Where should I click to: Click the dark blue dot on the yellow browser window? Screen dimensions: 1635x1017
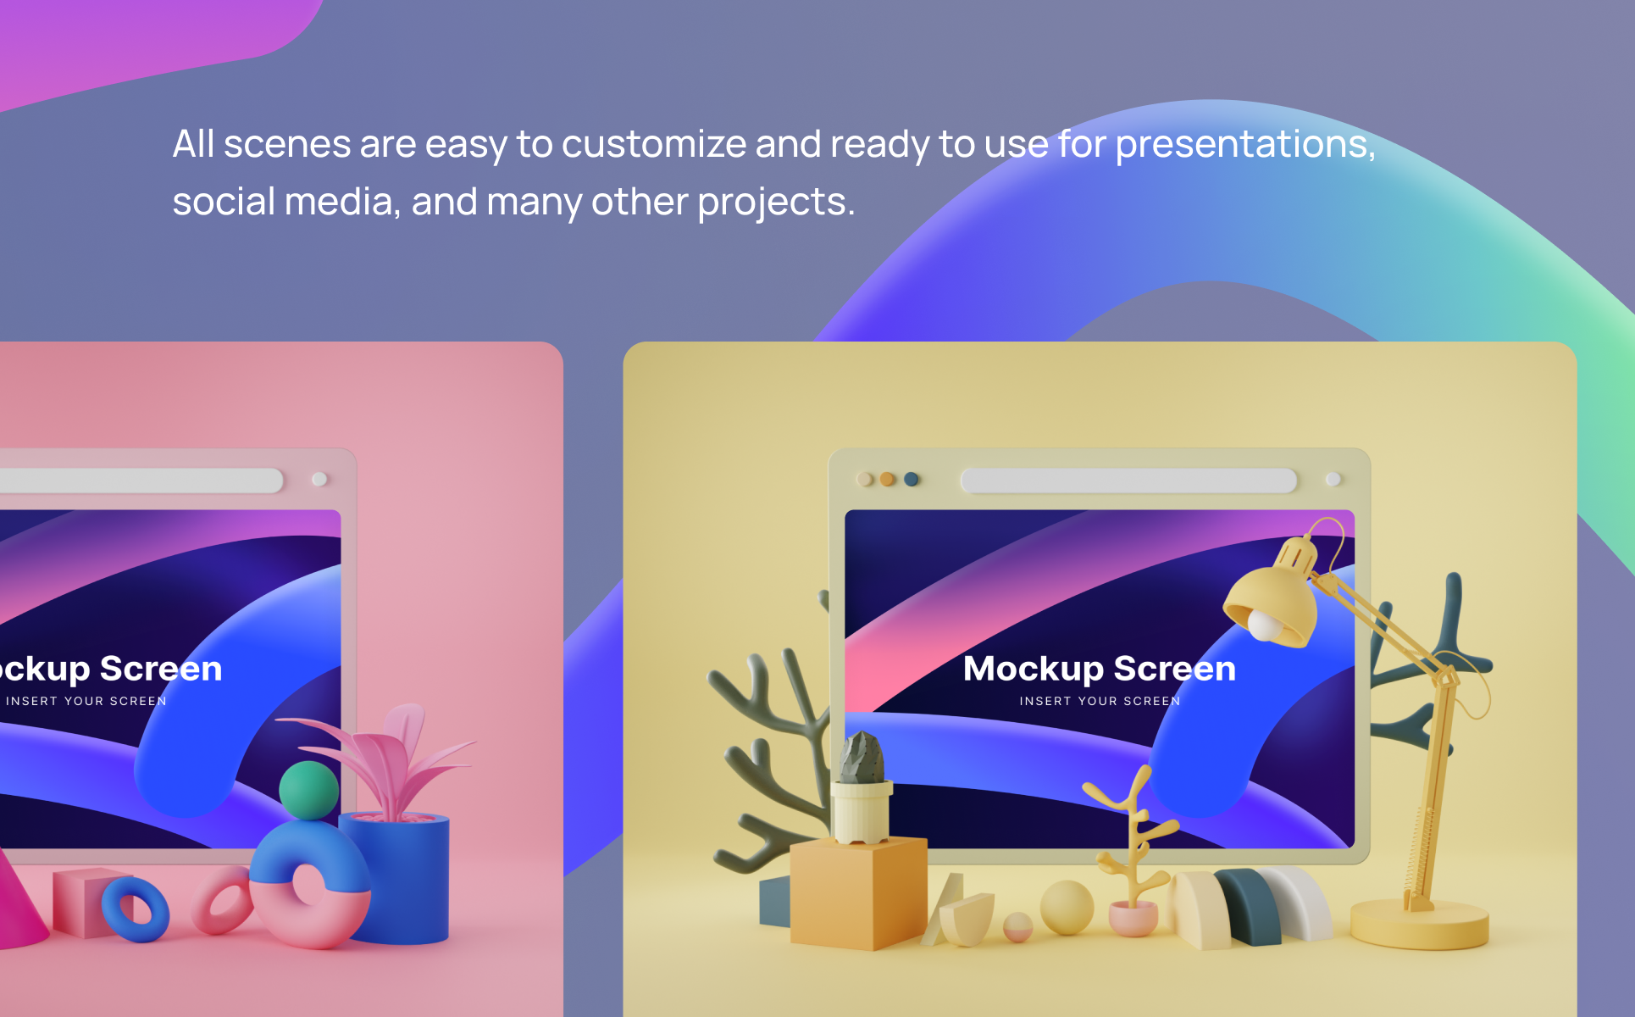click(912, 479)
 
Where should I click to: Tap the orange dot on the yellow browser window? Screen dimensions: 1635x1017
click(888, 479)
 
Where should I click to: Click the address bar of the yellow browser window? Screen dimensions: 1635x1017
click(1128, 481)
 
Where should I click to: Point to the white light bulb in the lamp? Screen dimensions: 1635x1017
click(1264, 626)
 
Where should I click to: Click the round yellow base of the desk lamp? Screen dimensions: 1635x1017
click(1420, 925)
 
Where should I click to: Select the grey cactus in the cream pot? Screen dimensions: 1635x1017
click(862, 758)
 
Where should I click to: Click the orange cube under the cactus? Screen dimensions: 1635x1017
click(857, 892)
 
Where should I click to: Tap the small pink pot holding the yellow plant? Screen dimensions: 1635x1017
click(1133, 919)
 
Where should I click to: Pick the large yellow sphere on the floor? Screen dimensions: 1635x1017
click(1067, 908)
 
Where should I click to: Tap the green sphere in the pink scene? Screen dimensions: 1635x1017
click(309, 790)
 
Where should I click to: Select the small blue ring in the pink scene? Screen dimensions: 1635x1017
click(136, 909)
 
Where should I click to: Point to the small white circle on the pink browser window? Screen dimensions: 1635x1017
click(319, 479)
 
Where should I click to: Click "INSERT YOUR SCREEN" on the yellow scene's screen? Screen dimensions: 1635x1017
click(1100, 701)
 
